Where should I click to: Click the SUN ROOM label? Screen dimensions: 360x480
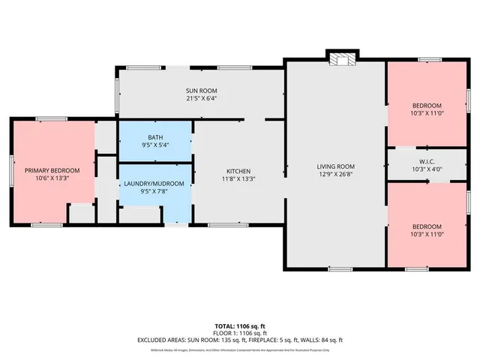(201, 90)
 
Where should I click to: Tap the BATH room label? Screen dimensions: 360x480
(155, 137)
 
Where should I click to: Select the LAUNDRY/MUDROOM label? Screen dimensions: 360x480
(155, 182)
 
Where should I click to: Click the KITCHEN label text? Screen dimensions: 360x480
(238, 171)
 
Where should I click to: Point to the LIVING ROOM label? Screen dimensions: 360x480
(335, 166)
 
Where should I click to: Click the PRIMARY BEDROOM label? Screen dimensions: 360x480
(52, 171)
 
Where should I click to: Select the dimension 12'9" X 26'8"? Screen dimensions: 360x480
(335, 175)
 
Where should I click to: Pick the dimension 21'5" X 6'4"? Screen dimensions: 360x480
(201, 98)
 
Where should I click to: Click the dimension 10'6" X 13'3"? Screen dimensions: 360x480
(52, 179)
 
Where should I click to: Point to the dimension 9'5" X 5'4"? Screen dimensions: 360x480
(155, 145)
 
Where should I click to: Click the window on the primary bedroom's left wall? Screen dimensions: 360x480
(10, 171)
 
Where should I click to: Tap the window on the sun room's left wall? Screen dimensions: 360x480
(116, 90)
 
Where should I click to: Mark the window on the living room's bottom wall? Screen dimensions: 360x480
(340, 268)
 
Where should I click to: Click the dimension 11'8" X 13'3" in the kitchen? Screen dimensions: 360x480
(238, 179)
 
